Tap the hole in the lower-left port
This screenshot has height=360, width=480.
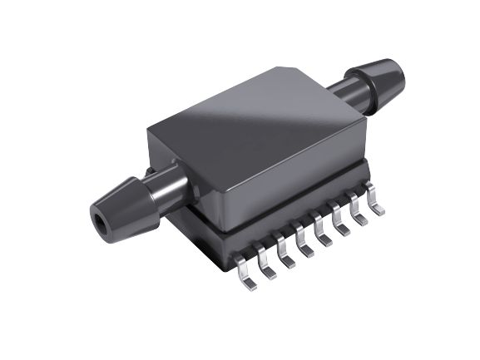click(101, 223)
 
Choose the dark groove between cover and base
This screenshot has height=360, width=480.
click(283, 215)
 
